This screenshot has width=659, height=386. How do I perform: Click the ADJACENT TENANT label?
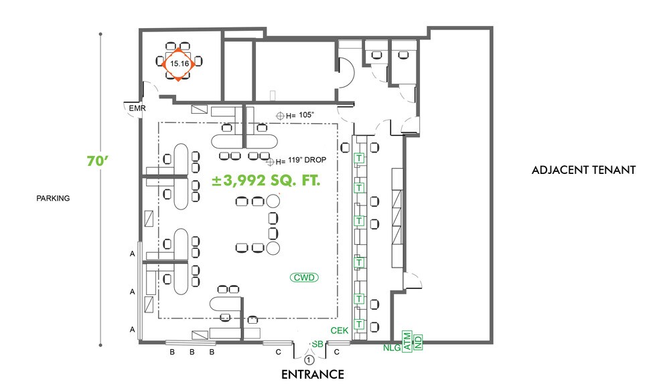[583, 170]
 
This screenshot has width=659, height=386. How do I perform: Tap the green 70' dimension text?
[98, 161]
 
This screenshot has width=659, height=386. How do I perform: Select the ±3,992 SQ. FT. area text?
[266, 181]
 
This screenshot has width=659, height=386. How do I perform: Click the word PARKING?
[54, 198]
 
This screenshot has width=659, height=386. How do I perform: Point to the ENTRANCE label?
[313, 374]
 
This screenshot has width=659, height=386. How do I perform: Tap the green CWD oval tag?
[303, 277]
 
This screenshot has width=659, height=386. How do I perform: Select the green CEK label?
[340, 330]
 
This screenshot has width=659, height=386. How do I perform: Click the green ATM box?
[407, 341]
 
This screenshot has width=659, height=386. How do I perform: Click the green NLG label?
[392, 347]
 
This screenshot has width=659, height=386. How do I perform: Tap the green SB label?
[317, 344]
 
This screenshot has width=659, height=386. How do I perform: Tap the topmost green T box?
[359, 158]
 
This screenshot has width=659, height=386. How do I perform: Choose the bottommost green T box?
[359, 324]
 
